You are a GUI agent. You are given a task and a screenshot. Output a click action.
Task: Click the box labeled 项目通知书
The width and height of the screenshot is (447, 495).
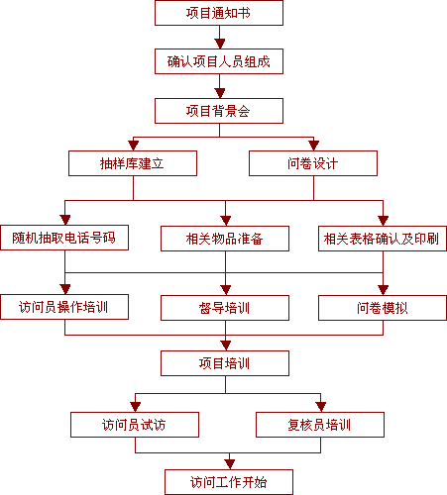pos(219,13)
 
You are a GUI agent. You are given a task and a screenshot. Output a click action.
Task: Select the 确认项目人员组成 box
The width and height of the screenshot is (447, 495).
pos(219,61)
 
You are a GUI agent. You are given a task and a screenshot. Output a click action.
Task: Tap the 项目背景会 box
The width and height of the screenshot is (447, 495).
pos(219,111)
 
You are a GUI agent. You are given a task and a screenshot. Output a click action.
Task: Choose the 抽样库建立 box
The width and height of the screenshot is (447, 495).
pos(133,163)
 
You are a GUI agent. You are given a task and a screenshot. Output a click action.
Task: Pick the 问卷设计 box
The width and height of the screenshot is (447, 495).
pos(313,163)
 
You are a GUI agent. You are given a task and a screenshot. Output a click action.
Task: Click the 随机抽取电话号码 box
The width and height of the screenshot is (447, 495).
pos(64,238)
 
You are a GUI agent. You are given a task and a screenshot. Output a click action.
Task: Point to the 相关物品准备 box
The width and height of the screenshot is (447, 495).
pos(225,239)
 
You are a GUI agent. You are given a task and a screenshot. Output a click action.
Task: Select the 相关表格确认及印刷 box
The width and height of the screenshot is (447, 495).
pos(383,239)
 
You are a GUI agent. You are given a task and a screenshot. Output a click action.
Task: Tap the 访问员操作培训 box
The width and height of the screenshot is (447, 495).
pos(64,307)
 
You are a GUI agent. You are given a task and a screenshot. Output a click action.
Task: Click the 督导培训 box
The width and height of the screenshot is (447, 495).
pos(225,308)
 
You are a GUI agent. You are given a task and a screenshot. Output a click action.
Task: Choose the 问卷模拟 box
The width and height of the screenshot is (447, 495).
pos(383,308)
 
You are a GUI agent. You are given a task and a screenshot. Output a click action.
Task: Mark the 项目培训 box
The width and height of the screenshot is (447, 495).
pos(225,363)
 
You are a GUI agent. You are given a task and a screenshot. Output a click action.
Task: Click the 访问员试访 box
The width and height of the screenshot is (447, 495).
pos(135,425)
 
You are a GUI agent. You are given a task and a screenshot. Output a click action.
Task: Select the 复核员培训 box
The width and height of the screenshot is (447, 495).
pos(320,425)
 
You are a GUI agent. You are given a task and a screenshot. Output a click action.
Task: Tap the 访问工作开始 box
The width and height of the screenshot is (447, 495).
pos(229,482)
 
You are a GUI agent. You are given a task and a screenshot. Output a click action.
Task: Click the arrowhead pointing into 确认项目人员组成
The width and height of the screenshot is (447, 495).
pos(220,44)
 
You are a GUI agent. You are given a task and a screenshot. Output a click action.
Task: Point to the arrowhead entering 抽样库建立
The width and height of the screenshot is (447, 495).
pos(134,146)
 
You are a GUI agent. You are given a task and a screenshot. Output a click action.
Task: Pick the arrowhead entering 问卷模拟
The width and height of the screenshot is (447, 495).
pos(384,290)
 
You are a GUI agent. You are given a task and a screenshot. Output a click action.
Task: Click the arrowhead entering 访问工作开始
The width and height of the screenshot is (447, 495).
pos(230,464)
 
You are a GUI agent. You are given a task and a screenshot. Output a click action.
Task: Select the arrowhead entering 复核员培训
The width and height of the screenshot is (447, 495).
pos(321,407)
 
